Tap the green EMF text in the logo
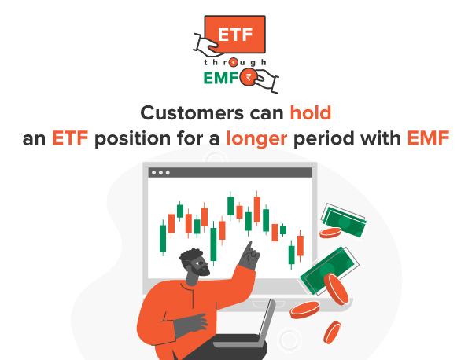(223, 79)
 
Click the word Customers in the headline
(186, 113)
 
